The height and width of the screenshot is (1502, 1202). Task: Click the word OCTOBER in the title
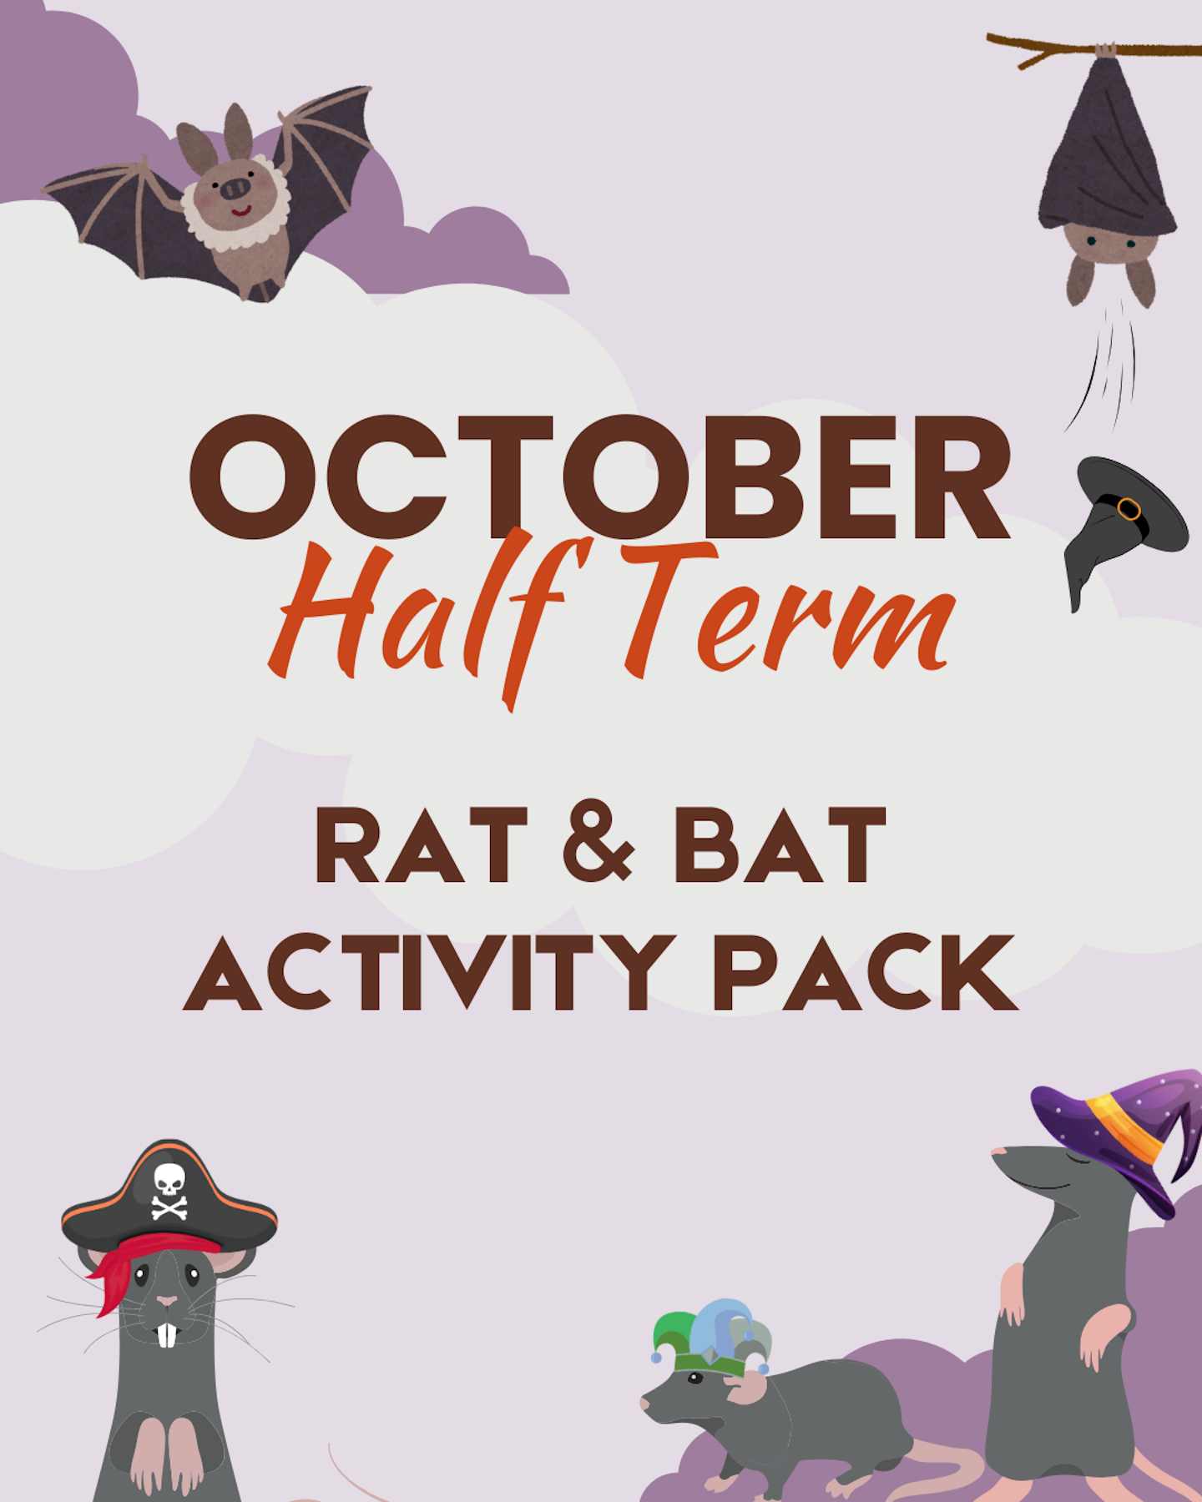click(600, 476)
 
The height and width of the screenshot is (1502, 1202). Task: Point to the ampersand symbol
click(598, 843)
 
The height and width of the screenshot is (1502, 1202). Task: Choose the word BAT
click(780, 844)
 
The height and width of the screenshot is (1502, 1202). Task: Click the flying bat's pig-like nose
click(235, 189)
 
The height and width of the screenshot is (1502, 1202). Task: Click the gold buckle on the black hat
click(1129, 508)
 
